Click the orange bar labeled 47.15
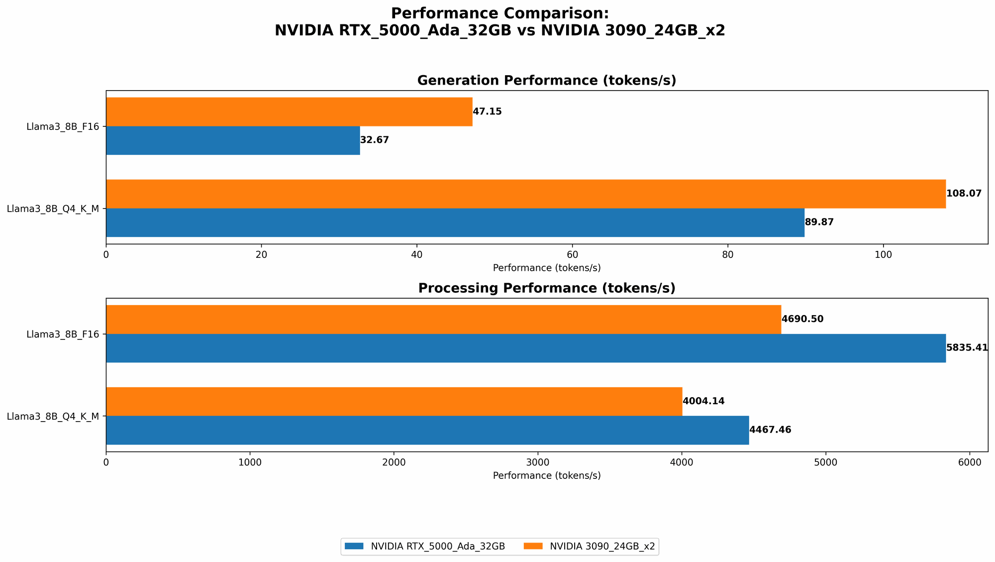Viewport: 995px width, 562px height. pos(289,112)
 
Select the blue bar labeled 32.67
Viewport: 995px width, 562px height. pos(233,140)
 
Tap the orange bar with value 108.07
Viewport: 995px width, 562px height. pos(526,194)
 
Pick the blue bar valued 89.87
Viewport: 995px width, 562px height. pos(455,223)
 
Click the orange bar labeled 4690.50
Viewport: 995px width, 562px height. pos(443,319)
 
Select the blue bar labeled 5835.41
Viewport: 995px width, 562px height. pos(526,348)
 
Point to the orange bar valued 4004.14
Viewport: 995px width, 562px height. pos(394,401)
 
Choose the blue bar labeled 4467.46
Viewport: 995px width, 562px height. pos(427,430)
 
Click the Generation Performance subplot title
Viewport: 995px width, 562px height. pos(547,81)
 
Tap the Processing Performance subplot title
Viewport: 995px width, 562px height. pos(547,288)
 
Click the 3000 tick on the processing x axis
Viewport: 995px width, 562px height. pos(538,462)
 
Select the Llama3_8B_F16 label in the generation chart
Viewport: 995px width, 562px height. pos(63,126)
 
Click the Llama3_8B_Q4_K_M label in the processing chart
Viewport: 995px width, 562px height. pos(53,416)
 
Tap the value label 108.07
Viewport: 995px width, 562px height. pos(964,194)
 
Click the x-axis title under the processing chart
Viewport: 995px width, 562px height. pos(547,475)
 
